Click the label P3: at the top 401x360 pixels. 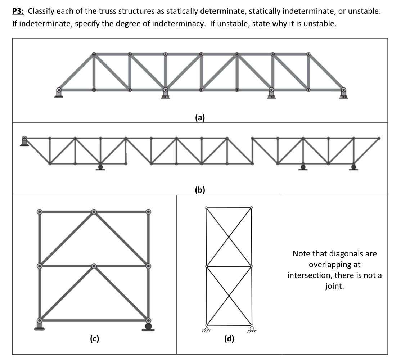(18, 11)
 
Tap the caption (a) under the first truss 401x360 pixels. (200, 117)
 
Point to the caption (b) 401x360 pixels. (200, 190)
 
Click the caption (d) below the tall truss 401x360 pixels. (229, 338)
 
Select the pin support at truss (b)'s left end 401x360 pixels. (24, 141)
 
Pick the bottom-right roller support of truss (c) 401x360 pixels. (148, 326)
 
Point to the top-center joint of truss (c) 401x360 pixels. (94, 212)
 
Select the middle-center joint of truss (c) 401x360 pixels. (94, 266)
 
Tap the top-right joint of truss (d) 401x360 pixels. (251, 207)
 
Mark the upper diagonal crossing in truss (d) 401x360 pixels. (229, 237)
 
